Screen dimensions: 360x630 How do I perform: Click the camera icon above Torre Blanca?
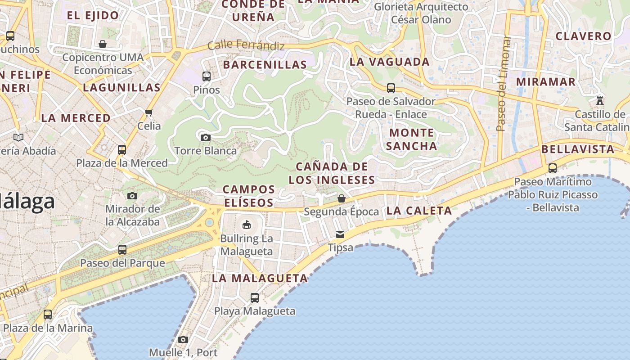click(205, 137)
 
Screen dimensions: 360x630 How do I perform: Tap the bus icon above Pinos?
click(207, 76)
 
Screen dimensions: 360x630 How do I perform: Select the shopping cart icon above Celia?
click(149, 112)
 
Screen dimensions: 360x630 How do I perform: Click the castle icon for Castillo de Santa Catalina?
click(599, 100)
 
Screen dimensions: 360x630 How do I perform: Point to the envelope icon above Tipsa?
click(340, 234)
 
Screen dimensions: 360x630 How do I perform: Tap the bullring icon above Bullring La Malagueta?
click(246, 225)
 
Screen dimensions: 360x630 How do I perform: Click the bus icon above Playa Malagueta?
click(255, 297)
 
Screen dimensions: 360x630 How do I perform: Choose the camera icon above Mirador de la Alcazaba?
click(132, 196)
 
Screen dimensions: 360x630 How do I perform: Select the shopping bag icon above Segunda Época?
click(342, 198)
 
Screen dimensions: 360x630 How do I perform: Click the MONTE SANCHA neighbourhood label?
click(411, 139)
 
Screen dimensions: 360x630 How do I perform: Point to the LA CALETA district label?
click(419, 211)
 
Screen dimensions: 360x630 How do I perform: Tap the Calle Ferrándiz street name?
click(246, 45)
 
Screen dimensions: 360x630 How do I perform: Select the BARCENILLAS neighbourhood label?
click(265, 65)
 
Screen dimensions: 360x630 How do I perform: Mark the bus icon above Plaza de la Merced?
click(121, 149)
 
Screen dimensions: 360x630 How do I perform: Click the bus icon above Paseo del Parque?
click(122, 249)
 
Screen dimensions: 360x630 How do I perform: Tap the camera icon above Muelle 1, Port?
click(183, 339)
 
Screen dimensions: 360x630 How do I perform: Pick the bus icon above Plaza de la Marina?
click(48, 315)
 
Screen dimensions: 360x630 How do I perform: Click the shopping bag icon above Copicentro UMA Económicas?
click(103, 44)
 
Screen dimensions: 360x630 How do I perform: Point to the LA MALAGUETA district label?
click(260, 279)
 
